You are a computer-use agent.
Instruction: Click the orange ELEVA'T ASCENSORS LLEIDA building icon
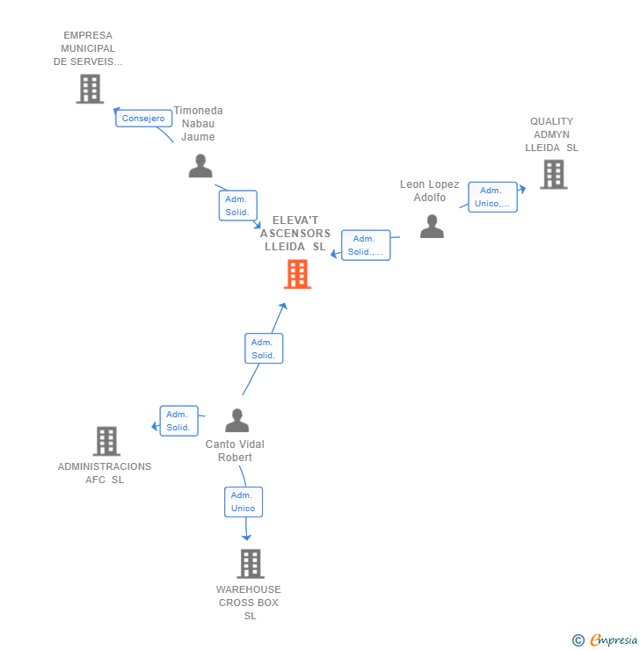coord(297,274)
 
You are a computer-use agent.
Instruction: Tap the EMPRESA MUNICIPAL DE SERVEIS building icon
coord(90,89)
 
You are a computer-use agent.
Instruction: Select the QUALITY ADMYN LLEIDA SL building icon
coord(553,175)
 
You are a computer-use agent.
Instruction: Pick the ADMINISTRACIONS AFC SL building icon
coord(106,441)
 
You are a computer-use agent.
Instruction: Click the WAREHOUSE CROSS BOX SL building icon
coord(251,563)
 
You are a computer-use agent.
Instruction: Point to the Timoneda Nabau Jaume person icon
coord(200,165)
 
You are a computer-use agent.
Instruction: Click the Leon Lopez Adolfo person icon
coord(432,227)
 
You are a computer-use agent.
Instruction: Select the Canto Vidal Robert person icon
coord(236,421)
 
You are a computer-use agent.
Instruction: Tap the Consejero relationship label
coord(143,119)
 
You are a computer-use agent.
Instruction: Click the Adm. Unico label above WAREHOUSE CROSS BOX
coord(243,502)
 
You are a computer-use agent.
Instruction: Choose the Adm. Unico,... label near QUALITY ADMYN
coord(492,197)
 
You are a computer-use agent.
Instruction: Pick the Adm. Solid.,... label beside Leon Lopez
coord(365,245)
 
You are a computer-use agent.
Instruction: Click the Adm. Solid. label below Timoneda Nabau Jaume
coord(237,206)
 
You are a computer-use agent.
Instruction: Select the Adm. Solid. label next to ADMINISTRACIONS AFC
coord(178,421)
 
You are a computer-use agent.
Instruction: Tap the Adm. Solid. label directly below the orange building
coord(264,349)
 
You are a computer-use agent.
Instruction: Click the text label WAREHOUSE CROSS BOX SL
coord(249,603)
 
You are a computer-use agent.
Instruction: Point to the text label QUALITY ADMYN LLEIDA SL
coord(552,134)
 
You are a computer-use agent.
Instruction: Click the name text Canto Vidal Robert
coord(235,451)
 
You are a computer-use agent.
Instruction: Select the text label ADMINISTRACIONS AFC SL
coord(105,473)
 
